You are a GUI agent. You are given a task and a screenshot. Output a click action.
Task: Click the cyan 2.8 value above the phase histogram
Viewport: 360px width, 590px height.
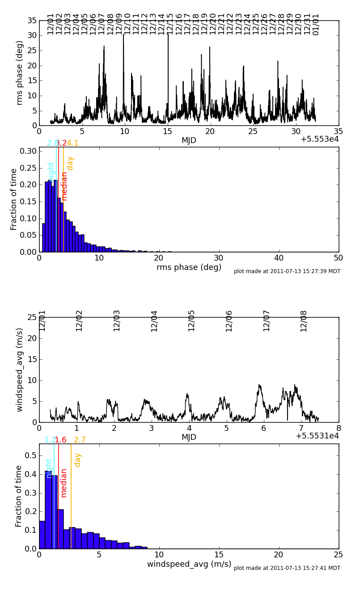(x=52, y=143)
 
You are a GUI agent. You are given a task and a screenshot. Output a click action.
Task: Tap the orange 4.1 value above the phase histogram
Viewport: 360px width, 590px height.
(x=72, y=143)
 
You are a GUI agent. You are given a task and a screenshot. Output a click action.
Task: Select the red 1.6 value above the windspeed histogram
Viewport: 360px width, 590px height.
(x=60, y=440)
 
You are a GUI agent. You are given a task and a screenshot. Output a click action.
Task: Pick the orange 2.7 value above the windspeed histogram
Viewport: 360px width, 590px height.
(x=80, y=440)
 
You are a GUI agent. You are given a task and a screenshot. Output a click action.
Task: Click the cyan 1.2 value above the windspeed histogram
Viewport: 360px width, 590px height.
(x=50, y=440)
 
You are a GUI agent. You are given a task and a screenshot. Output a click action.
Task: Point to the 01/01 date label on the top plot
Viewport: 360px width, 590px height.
(x=316, y=24)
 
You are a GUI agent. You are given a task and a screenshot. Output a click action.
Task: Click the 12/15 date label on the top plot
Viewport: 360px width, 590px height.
(x=170, y=24)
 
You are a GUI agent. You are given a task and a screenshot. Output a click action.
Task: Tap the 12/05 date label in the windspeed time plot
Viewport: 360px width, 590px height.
(x=192, y=320)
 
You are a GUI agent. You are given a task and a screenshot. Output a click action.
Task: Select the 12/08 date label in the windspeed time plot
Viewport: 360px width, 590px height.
(x=304, y=320)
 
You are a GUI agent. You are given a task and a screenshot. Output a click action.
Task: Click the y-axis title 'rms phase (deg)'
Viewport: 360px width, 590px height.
(x=20, y=72)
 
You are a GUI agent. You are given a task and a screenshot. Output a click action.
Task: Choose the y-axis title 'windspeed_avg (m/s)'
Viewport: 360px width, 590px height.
(x=20, y=370)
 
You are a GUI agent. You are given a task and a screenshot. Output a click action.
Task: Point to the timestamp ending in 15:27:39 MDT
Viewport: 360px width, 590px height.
(x=287, y=271)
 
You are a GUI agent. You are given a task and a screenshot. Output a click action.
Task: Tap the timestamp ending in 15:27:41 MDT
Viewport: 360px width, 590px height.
(x=287, y=568)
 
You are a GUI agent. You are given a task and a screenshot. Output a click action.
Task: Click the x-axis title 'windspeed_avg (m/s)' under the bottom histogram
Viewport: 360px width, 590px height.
(x=189, y=564)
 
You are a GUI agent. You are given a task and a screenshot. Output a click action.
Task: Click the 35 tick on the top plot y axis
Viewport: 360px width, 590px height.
(x=32, y=21)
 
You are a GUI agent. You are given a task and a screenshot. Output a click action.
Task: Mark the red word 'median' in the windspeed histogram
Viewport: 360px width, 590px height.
(x=64, y=483)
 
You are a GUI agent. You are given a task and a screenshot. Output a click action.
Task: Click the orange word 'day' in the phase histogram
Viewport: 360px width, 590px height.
(x=70, y=163)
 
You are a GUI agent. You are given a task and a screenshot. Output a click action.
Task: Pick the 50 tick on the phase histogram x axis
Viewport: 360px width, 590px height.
(x=339, y=258)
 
